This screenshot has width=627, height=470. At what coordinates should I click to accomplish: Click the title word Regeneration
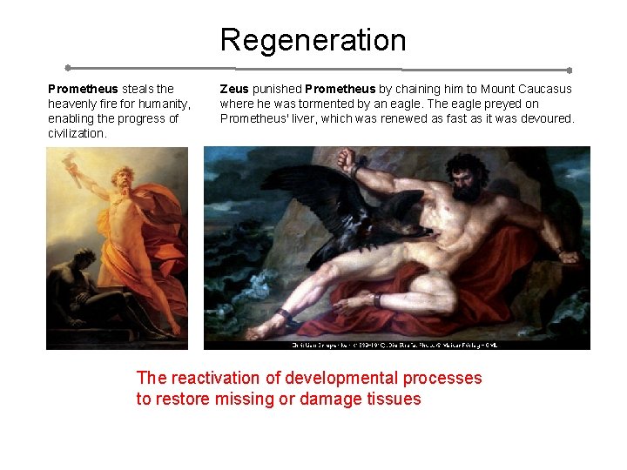[x=313, y=40]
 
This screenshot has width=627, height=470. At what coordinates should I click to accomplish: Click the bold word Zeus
[x=234, y=89]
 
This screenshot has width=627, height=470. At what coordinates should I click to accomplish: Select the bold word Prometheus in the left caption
[x=83, y=89]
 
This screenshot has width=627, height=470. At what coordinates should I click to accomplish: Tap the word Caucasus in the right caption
[x=544, y=89]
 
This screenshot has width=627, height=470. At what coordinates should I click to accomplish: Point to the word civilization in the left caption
[x=77, y=133]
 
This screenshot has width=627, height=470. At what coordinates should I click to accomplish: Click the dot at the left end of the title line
[x=68, y=67]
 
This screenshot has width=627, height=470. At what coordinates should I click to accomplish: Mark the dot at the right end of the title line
[x=569, y=70]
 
